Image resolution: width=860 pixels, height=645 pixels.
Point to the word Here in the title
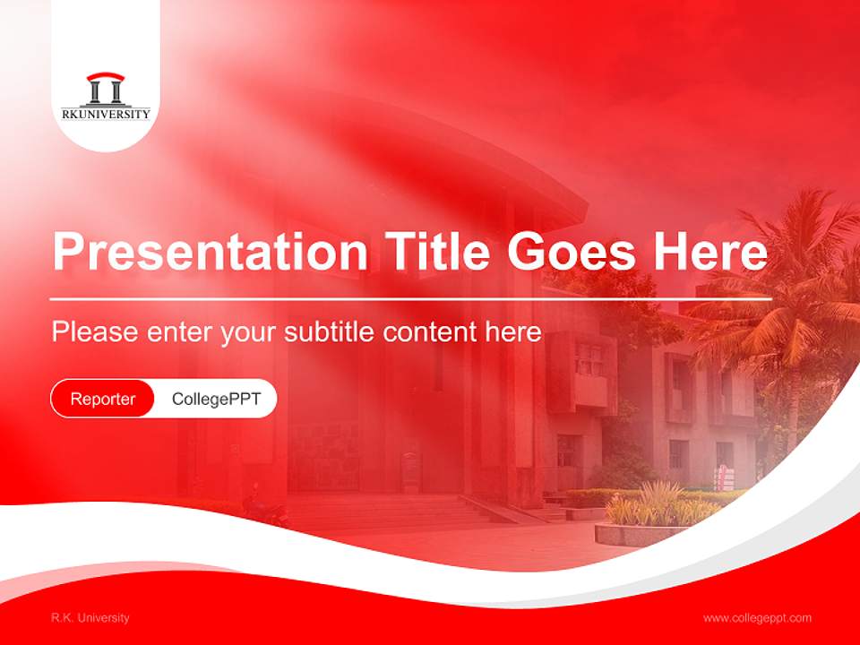pos(709,252)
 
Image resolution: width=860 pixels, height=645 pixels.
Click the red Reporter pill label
pos(103,399)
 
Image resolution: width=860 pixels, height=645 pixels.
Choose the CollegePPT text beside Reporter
pos(216,399)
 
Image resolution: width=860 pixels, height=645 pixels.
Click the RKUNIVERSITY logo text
pos(106,114)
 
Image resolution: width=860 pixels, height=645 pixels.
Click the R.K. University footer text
pos(90,618)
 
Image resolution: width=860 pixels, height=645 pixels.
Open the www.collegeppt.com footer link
pos(757,618)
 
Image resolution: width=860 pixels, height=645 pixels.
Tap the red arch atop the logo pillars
pos(106,77)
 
